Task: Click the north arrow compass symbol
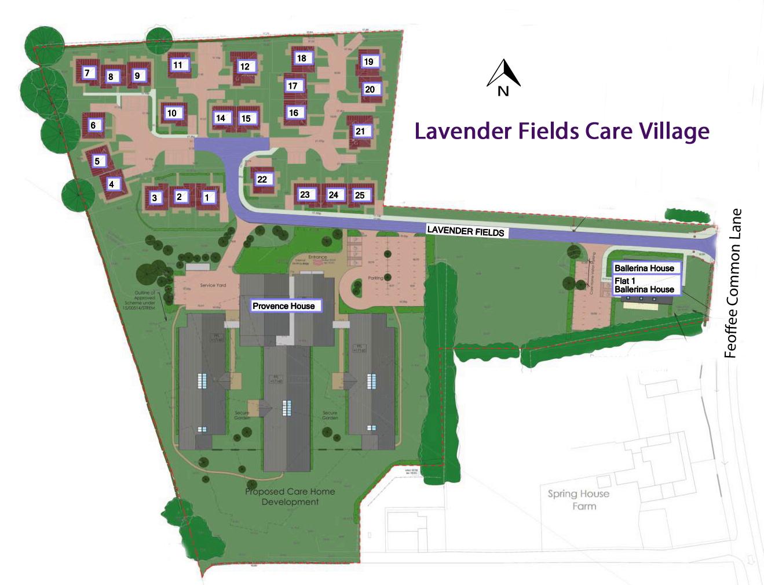pyautogui.click(x=503, y=78)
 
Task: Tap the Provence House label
pyautogui.click(x=283, y=306)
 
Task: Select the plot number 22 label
pyautogui.click(x=262, y=179)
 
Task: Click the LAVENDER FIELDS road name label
pyautogui.click(x=466, y=231)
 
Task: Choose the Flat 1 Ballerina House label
pyautogui.click(x=644, y=285)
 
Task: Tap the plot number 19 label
pyautogui.click(x=368, y=61)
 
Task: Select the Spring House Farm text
pyautogui.click(x=579, y=500)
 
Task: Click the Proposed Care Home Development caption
pyautogui.click(x=290, y=496)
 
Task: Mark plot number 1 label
pyautogui.click(x=207, y=198)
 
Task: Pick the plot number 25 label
pyautogui.click(x=360, y=195)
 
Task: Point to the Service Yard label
pyautogui.click(x=213, y=285)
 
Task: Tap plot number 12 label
pyautogui.click(x=244, y=67)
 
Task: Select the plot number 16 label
pyautogui.click(x=294, y=112)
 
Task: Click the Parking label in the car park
pyautogui.click(x=376, y=278)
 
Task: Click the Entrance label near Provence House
pyautogui.click(x=317, y=257)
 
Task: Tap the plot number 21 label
pyautogui.click(x=360, y=132)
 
